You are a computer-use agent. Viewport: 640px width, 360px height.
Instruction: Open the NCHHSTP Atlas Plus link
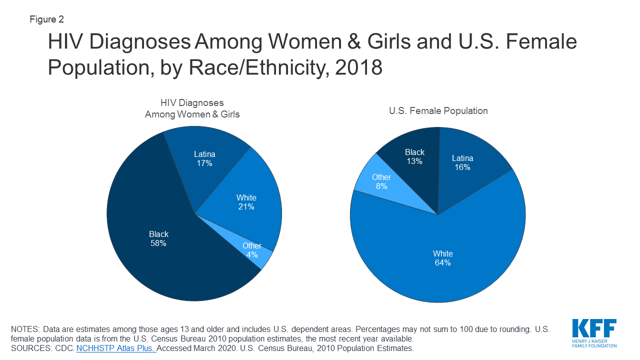pos(116,348)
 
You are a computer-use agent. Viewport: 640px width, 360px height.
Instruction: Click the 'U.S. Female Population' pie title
pos(438,110)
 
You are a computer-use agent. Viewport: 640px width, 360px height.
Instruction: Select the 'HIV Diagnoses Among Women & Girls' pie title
pos(192,108)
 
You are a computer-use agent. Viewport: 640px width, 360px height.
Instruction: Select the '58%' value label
pos(158,243)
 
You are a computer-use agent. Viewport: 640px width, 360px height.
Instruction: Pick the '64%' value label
pos(442,262)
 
